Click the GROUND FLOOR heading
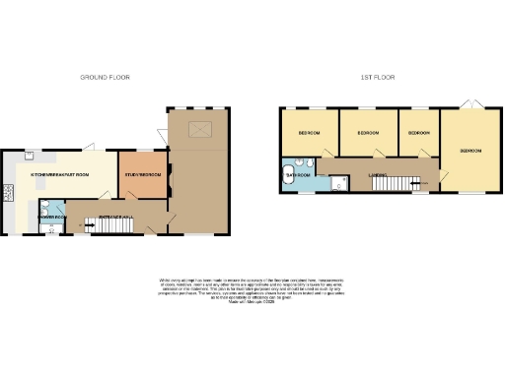tap(106, 77)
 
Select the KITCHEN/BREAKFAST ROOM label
tap(59, 173)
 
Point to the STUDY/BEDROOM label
tap(144, 173)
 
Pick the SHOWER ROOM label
tap(50, 215)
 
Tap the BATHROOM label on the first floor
tap(299, 174)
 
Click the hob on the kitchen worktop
tap(9, 189)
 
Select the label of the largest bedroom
tap(469, 151)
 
